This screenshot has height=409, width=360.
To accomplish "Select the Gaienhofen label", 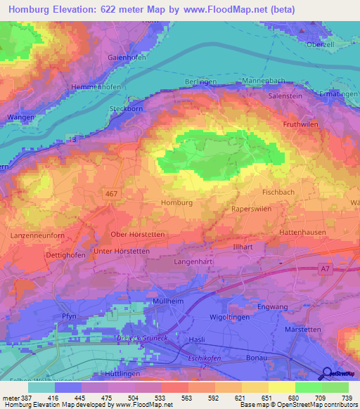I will tap(127, 58).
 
